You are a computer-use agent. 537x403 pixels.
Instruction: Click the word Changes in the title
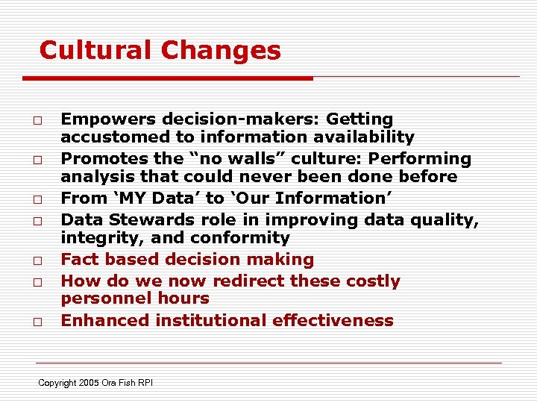click(x=221, y=51)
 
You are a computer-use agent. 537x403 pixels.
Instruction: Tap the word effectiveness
click(x=333, y=321)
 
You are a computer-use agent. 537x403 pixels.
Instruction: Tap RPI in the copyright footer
click(x=144, y=383)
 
